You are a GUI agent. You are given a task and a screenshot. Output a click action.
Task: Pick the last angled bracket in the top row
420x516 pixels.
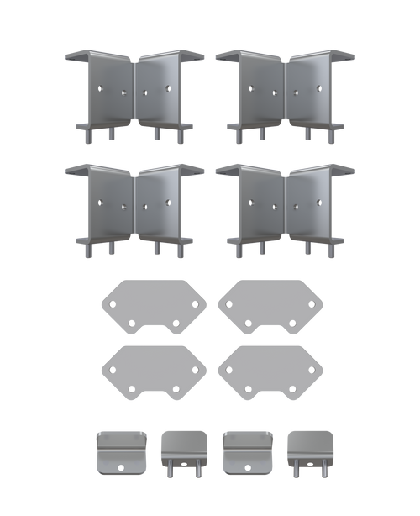pyautogui.click(x=312, y=92)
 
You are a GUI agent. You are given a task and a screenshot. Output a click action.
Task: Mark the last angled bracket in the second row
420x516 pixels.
pyautogui.click(x=312, y=206)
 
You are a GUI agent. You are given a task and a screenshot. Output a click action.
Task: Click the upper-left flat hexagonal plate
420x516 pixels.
pyautogui.click(x=154, y=305)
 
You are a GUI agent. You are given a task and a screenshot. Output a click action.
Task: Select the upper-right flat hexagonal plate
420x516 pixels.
pyautogui.click(x=270, y=305)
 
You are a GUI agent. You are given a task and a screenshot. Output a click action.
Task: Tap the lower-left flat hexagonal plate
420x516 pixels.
pyautogui.click(x=154, y=371)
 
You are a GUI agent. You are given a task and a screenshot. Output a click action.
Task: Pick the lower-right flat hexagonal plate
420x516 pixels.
pyautogui.click(x=270, y=371)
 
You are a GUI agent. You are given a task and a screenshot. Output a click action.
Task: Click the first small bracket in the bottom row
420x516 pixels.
pyautogui.click(x=121, y=452)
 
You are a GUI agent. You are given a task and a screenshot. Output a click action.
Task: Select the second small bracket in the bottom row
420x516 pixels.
pyautogui.click(x=183, y=452)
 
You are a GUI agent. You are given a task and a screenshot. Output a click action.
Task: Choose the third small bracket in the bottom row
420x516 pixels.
pyautogui.click(x=247, y=452)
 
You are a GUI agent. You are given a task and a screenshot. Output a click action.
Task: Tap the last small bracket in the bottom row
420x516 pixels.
pyautogui.click(x=310, y=452)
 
